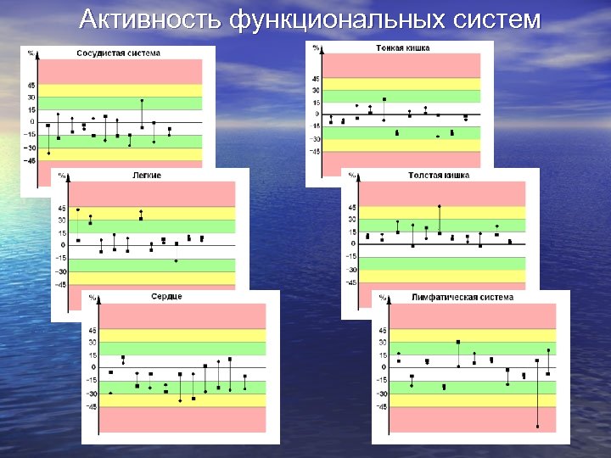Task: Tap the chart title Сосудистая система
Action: pyautogui.click(x=118, y=53)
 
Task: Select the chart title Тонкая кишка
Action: pyautogui.click(x=402, y=48)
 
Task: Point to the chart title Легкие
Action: pyautogui.click(x=147, y=175)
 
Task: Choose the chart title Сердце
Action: pyautogui.click(x=166, y=297)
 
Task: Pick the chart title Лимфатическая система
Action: pyautogui.click(x=462, y=298)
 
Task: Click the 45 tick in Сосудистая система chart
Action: pyautogui.click(x=31, y=86)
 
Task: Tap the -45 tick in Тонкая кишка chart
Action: pyautogui.click(x=314, y=152)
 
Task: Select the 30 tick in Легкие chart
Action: pyautogui.click(x=61, y=221)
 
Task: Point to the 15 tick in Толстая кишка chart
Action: pyautogui.click(x=352, y=232)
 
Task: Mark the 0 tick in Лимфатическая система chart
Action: pyautogui.click(x=384, y=367)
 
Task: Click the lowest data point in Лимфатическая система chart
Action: pyautogui.click(x=537, y=427)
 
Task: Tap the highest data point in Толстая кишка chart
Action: pyautogui.click(x=439, y=206)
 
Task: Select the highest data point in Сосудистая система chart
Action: pyautogui.click(x=142, y=101)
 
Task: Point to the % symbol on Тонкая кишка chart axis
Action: pyautogui.click(x=315, y=48)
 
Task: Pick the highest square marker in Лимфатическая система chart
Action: pyautogui.click(x=458, y=342)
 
